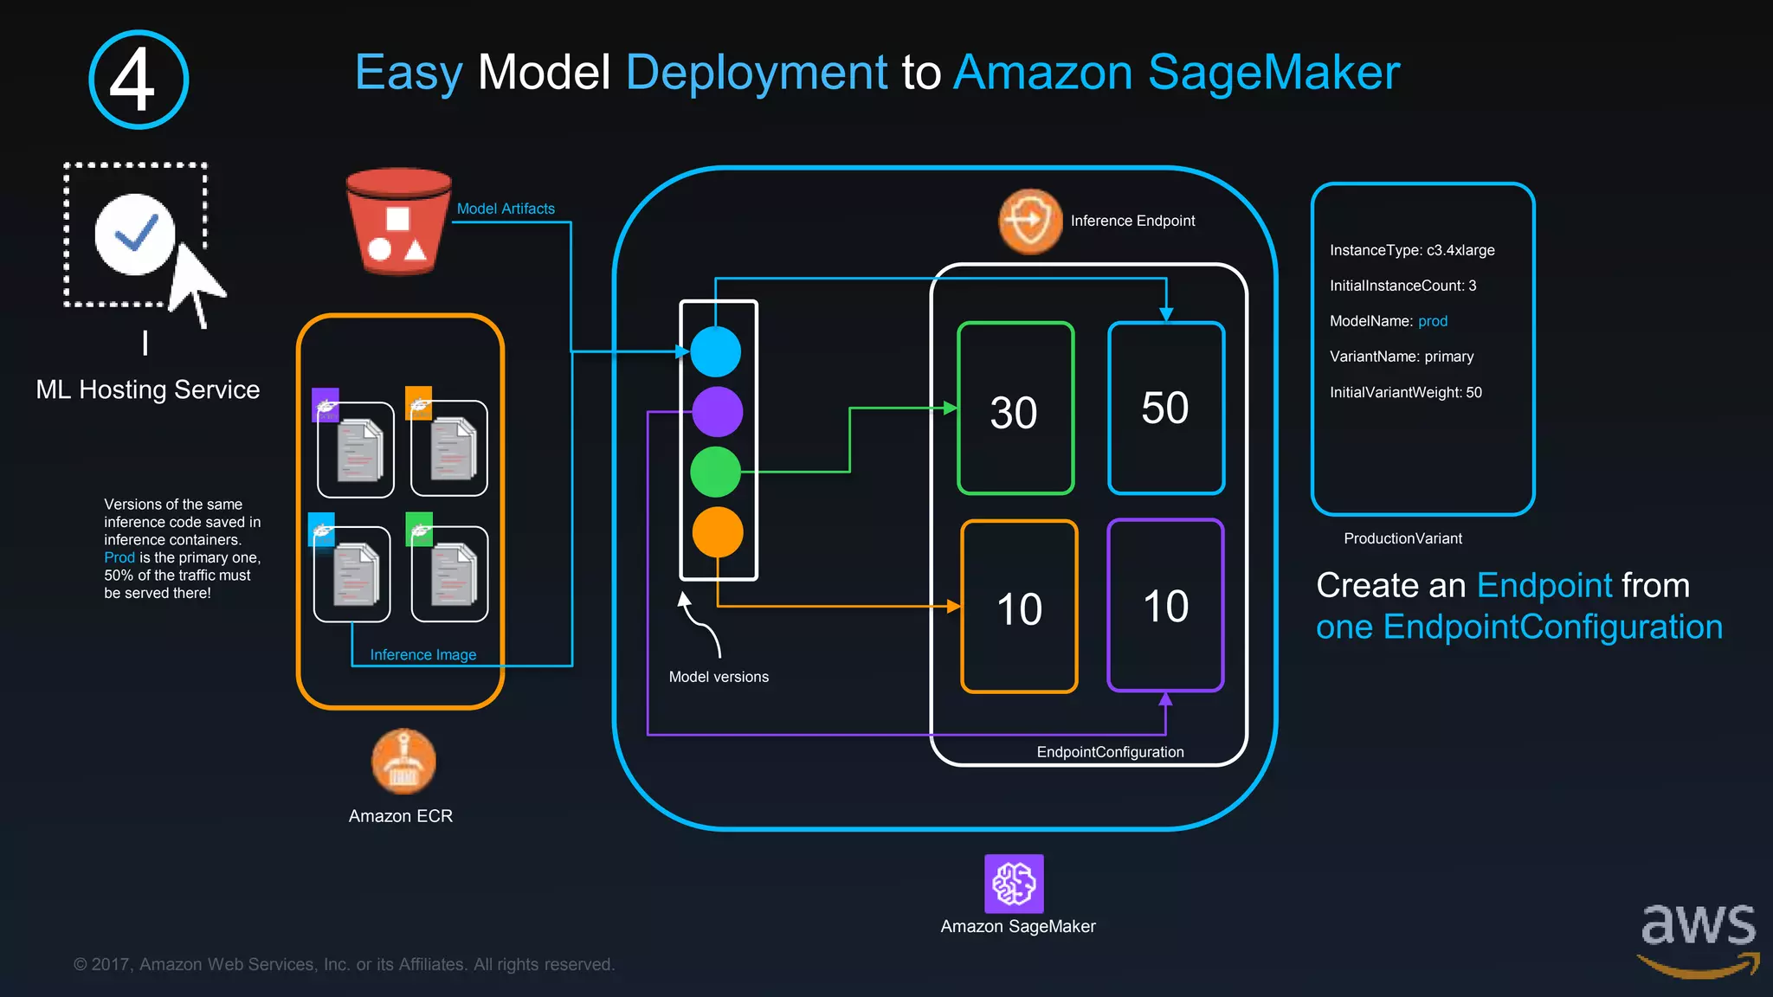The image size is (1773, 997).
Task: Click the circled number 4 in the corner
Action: click(139, 80)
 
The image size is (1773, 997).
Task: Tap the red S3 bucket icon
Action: click(398, 222)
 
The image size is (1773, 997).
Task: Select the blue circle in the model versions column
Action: click(716, 351)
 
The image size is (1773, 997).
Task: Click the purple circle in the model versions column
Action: click(717, 411)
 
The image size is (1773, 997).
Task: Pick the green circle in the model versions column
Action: click(716, 472)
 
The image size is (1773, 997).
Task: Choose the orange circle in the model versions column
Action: click(718, 531)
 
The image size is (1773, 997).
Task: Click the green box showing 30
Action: click(1015, 408)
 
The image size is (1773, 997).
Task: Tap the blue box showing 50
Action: click(1166, 408)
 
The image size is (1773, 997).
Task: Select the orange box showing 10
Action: click(1019, 607)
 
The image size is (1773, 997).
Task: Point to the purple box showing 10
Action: click(1165, 605)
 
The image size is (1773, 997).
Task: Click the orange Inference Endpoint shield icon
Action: click(1030, 222)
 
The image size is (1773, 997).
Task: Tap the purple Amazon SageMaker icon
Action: click(1014, 884)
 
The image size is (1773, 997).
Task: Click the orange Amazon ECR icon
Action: click(403, 762)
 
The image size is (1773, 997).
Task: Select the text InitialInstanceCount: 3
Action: click(1402, 286)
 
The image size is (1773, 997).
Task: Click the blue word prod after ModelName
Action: click(1432, 321)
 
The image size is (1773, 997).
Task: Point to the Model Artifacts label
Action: click(506, 209)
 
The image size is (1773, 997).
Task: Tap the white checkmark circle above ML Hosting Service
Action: click(135, 234)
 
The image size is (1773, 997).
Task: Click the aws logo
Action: click(1698, 939)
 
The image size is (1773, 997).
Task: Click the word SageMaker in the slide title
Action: click(1273, 72)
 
